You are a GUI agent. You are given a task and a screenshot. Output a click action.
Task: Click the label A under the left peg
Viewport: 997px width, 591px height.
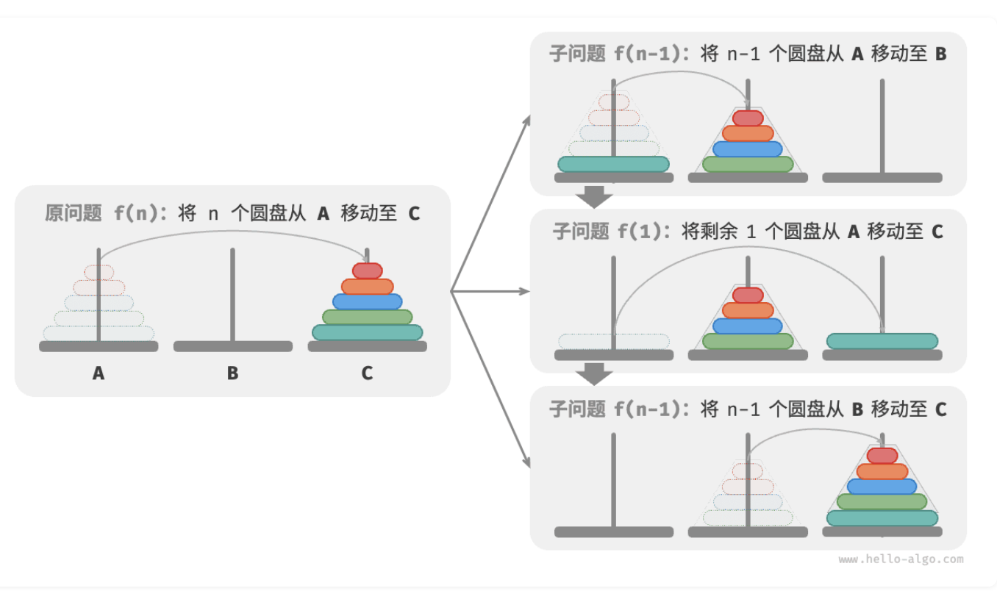pos(99,373)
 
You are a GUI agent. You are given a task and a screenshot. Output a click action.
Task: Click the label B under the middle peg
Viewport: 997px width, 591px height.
pos(232,373)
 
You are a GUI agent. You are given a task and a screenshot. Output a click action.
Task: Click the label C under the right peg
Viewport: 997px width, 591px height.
pos(367,373)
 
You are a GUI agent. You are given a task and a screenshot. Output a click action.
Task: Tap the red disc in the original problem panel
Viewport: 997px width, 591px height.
pos(367,271)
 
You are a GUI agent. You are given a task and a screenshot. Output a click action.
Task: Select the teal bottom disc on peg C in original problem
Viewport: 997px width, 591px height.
pos(367,332)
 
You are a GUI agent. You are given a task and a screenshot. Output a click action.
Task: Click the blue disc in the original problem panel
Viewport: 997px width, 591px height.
pos(367,301)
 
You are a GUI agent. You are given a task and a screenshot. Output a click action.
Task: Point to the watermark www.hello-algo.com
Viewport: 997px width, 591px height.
pos(901,559)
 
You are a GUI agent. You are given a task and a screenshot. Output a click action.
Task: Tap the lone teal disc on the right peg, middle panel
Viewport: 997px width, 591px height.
pos(882,341)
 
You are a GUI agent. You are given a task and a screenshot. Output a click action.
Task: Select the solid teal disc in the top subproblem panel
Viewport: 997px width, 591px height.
pos(613,164)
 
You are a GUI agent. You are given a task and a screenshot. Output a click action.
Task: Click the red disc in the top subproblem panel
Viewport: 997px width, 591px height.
pos(748,118)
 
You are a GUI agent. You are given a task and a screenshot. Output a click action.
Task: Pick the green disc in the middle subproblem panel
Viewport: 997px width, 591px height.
pos(748,341)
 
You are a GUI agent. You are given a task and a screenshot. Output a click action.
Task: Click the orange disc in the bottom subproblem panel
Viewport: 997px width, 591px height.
pos(882,471)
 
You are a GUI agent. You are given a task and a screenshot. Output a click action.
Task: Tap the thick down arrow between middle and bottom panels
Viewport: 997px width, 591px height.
pos(594,374)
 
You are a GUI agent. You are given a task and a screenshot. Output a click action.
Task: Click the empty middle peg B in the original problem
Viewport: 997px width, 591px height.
pos(232,294)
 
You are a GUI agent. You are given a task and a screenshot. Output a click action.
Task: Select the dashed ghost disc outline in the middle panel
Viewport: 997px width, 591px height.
pos(613,341)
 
